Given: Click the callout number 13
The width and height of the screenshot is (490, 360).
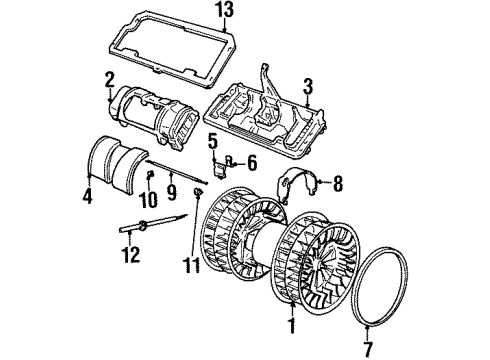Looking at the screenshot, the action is click(225, 11).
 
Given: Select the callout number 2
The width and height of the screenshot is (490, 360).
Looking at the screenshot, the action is click(109, 81).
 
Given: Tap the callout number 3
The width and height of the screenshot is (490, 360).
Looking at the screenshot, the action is click(308, 86).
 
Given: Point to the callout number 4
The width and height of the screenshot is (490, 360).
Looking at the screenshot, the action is click(87, 195).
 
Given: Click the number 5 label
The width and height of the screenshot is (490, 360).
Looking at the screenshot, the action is click(213, 142).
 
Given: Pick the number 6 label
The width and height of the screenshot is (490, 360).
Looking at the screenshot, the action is click(252, 164).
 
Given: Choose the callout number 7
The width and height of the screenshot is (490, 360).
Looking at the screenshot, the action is click(367, 348).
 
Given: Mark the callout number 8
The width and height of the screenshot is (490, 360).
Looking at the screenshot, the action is click(338, 183).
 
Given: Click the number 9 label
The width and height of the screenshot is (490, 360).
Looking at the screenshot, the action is click(172, 191).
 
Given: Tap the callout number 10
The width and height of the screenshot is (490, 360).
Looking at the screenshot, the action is click(148, 200).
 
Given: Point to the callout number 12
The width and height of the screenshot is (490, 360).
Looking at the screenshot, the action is click(131, 254).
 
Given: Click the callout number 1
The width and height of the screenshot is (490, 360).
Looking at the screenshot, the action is click(292, 324).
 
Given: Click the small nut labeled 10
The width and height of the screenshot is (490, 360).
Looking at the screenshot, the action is click(150, 173).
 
